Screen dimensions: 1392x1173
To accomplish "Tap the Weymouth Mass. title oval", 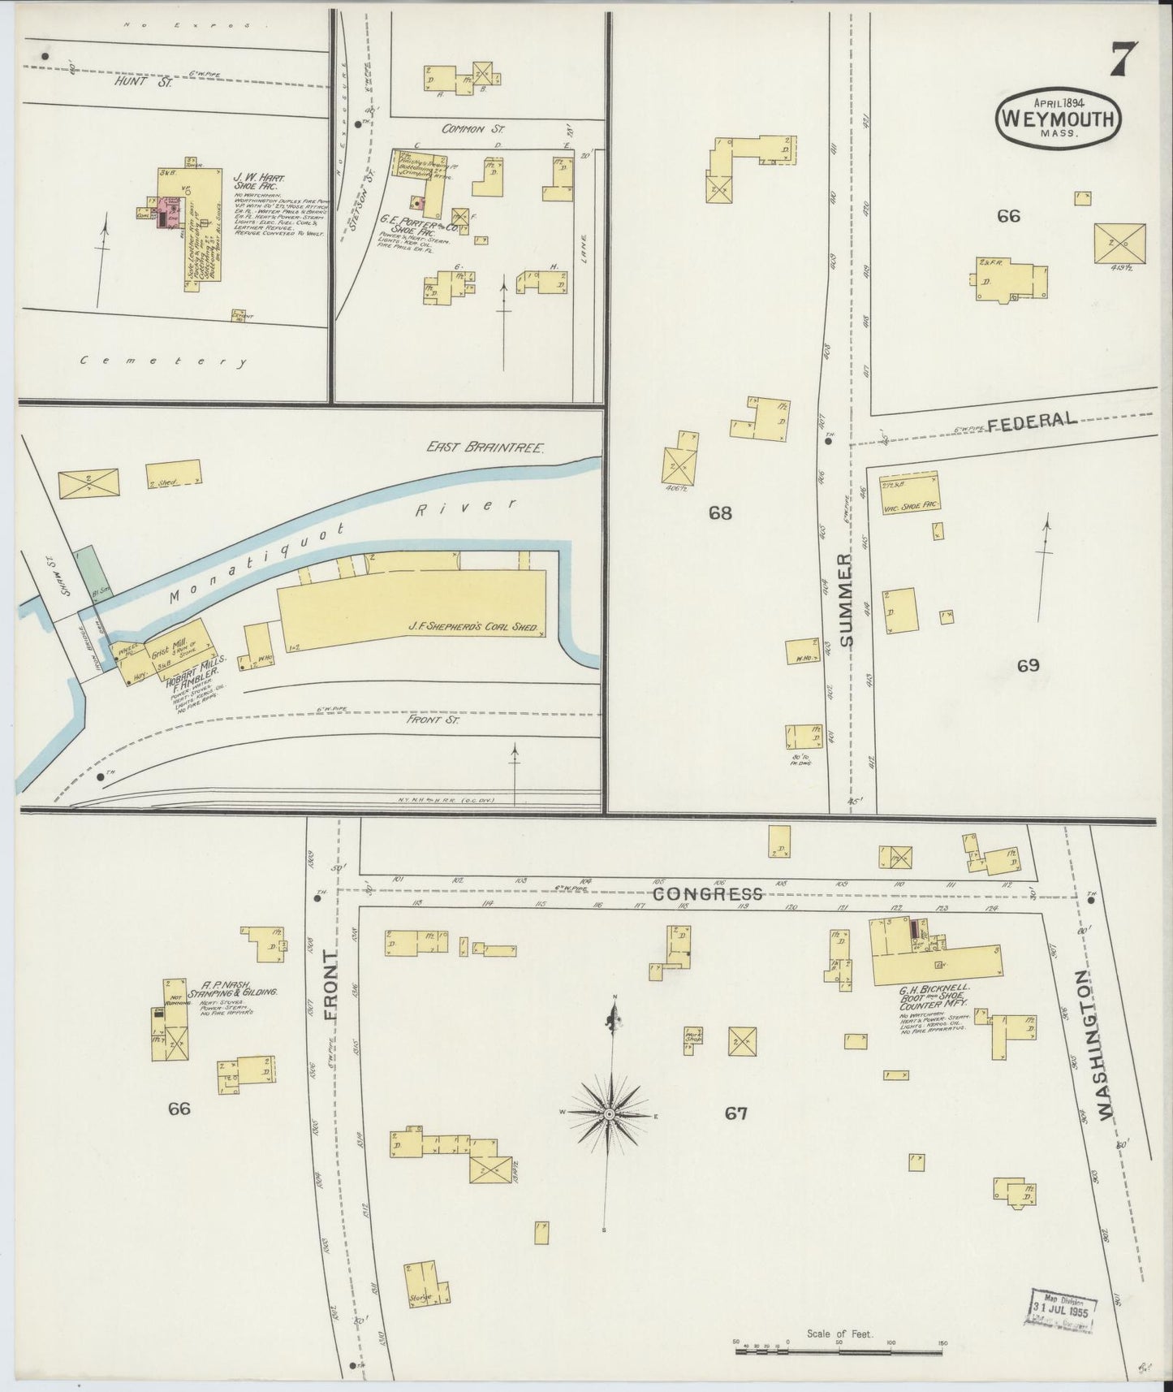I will (x=1059, y=118).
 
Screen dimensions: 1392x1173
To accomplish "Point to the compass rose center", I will (x=608, y=1115).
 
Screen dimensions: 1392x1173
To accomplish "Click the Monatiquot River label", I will (x=341, y=552).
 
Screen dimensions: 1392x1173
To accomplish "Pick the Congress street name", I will (x=708, y=894).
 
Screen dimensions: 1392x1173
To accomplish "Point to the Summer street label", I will (x=847, y=599).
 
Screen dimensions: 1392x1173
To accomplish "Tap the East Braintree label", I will (x=485, y=447).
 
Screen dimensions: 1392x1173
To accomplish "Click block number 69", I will (x=1028, y=666).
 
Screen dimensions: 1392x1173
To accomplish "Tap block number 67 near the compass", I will (x=735, y=1113).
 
